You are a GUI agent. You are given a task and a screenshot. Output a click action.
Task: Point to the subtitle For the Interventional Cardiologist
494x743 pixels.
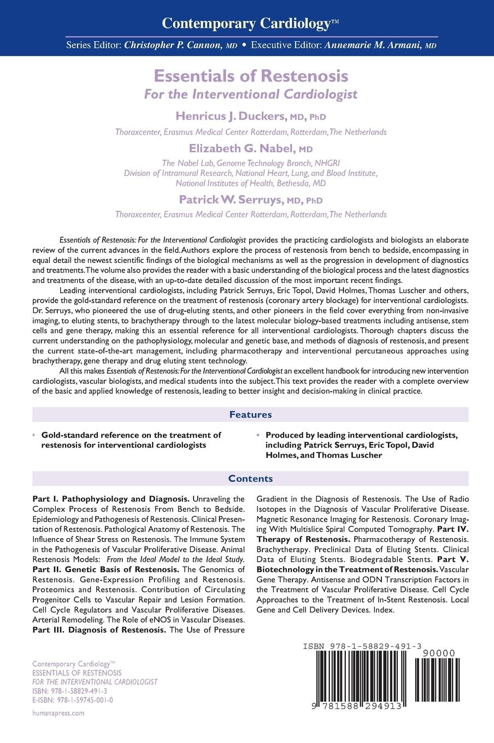[x=250, y=94]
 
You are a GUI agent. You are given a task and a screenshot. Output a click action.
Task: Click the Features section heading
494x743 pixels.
[x=250, y=414]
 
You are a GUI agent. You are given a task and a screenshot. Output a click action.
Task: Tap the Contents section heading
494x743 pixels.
[x=250, y=479]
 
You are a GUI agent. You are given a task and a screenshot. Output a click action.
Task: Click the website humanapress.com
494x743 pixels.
[x=58, y=713]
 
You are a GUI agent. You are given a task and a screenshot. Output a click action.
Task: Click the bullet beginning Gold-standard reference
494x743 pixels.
[x=131, y=440]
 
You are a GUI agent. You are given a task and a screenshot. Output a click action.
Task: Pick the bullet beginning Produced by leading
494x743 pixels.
[x=361, y=445]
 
